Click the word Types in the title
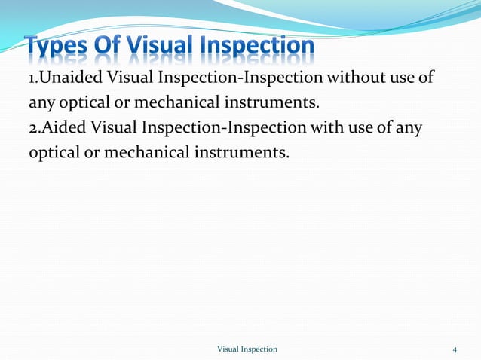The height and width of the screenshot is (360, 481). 59,47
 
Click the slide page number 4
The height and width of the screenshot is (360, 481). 455,349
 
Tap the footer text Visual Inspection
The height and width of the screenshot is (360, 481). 247,349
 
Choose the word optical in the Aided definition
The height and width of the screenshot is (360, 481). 56,152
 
